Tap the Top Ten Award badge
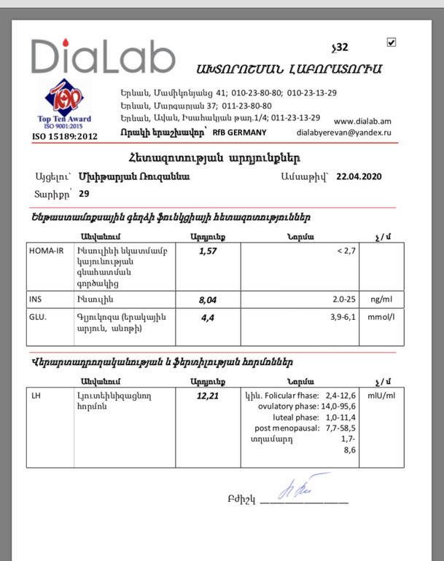coord(64,105)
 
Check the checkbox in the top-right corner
coord(392,43)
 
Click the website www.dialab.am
coord(362,121)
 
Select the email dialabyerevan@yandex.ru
coord(344,133)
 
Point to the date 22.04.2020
coord(359,176)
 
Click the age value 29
coord(84,194)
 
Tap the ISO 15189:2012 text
coord(65,136)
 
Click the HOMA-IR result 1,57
coord(209,251)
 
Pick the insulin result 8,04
coord(209,299)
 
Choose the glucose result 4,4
coord(207,318)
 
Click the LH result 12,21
coord(208,397)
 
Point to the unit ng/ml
coord(381,299)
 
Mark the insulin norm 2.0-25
coord(340,299)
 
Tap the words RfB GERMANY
coord(238,133)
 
